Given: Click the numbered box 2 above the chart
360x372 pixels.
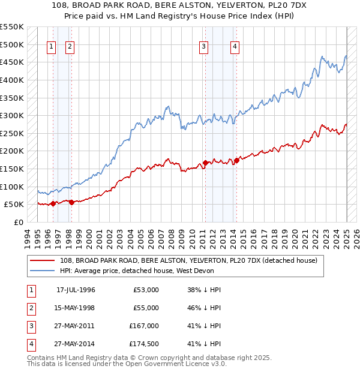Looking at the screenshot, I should click(x=70, y=47).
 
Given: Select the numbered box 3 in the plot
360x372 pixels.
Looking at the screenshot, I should click(x=204, y=47).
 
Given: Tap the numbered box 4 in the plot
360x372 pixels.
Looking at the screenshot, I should click(x=235, y=47).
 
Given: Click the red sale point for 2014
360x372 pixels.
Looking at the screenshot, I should click(x=236, y=160).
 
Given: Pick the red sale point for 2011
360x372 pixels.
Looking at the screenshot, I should click(x=205, y=163).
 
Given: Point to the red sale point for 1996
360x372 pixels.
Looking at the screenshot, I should click(x=53, y=203).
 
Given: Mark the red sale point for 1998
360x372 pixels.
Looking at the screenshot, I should click(x=71, y=202).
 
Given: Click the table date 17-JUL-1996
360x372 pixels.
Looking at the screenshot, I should click(x=76, y=290).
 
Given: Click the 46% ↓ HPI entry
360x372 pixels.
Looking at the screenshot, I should click(x=204, y=308).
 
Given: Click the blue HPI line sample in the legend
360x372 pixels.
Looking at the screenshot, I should click(x=42, y=271).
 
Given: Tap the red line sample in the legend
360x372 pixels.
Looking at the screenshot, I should click(x=42, y=261).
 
